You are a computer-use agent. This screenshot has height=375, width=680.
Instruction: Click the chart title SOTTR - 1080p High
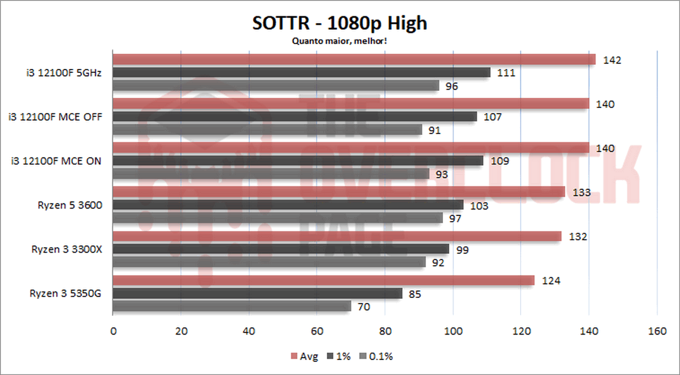point(339,23)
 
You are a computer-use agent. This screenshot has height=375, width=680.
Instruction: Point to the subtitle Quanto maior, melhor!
point(339,40)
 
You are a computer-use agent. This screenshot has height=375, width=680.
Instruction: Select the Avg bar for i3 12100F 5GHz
point(354,60)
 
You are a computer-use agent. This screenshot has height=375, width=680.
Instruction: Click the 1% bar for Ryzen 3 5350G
point(257,293)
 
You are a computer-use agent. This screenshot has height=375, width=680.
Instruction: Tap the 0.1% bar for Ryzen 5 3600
point(277,218)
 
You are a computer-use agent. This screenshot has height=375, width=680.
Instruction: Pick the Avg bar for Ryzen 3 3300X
point(337,236)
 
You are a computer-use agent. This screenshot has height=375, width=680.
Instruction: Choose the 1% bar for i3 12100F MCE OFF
point(295,116)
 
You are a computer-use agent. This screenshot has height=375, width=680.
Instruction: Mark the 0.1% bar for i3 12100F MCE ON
point(271,173)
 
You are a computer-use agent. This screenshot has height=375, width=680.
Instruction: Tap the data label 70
point(364,306)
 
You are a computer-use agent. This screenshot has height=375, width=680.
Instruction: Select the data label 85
point(415,293)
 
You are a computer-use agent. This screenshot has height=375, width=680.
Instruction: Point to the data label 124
point(551,280)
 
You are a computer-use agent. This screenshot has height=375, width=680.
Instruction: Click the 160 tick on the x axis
point(657,331)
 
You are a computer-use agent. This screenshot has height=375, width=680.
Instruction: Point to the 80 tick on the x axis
point(385,331)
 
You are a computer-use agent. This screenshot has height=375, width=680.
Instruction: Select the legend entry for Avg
point(304,356)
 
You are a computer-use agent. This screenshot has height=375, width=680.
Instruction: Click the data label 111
point(506,73)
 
